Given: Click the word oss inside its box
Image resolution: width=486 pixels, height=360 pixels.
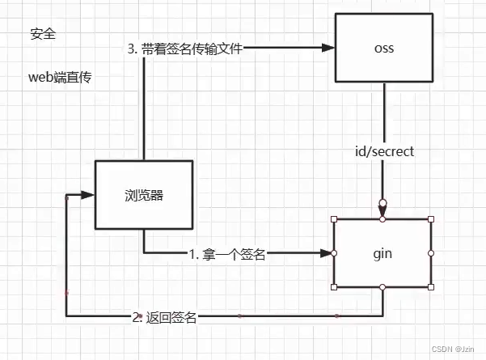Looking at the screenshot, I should [384, 48].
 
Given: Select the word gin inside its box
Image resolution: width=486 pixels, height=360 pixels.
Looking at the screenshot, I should [382, 253].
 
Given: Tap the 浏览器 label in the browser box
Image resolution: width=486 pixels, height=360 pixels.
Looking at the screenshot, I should [144, 195].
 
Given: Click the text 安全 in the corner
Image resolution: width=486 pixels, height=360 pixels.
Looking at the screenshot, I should [44, 35].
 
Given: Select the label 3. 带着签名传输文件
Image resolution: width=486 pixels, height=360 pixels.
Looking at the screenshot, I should [186, 48].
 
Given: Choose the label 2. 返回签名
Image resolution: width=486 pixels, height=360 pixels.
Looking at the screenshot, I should [164, 317].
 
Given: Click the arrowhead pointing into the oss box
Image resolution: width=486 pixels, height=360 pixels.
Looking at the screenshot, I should [328, 48].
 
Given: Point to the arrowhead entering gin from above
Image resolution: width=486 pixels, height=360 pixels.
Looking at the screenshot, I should [382, 212].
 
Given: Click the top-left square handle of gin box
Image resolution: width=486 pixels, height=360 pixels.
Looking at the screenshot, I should [333, 219].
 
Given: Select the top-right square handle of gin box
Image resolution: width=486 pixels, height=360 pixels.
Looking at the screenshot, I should [432, 219].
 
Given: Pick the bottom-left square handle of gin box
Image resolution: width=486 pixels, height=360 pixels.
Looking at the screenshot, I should [333, 286].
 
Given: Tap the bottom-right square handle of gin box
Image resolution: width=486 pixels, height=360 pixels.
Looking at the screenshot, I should [432, 286].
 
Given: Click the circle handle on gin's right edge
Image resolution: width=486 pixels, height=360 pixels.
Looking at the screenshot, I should [432, 253].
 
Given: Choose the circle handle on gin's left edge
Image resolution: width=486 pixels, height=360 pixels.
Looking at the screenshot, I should [333, 253].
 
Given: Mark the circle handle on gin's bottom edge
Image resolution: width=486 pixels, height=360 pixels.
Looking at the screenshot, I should [382, 286].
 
